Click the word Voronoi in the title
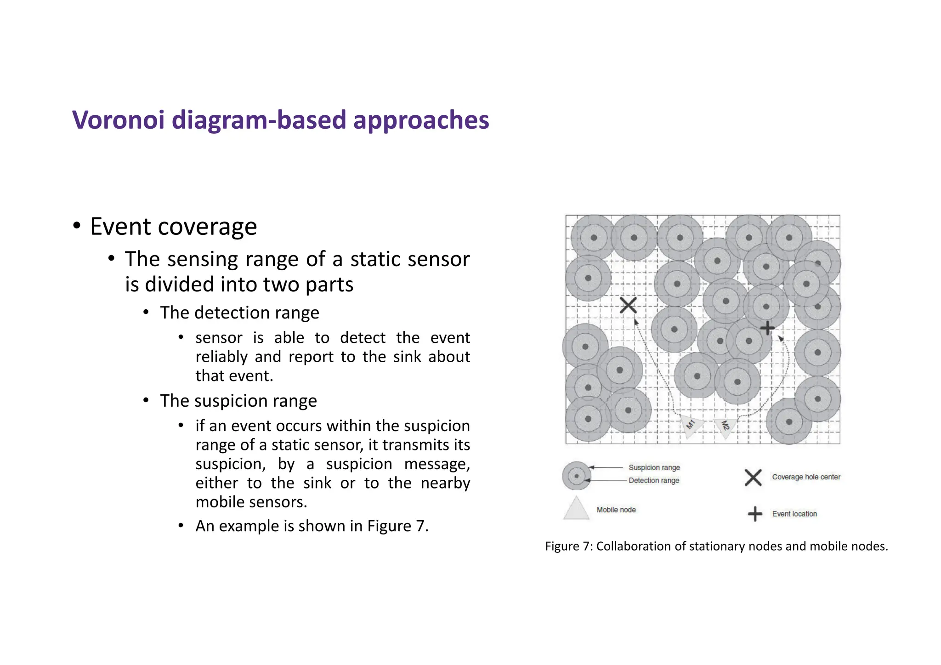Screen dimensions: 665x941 (x=118, y=120)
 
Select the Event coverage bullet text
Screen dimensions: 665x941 (x=173, y=227)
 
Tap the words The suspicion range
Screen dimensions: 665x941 (x=238, y=401)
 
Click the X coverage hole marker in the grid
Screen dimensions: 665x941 (x=628, y=305)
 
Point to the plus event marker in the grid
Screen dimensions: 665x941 (x=767, y=328)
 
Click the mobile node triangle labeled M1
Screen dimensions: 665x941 (x=690, y=426)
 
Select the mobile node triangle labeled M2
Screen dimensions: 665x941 (x=725, y=427)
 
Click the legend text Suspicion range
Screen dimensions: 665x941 (x=654, y=467)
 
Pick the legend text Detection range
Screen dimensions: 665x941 (x=653, y=480)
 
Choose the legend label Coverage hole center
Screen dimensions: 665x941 (x=806, y=477)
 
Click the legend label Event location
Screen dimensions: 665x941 (x=794, y=514)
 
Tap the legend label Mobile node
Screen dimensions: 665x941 (x=616, y=510)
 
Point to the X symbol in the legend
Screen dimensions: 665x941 (x=753, y=477)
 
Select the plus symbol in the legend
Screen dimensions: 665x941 (x=755, y=514)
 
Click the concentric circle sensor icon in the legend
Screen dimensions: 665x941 (x=576, y=476)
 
